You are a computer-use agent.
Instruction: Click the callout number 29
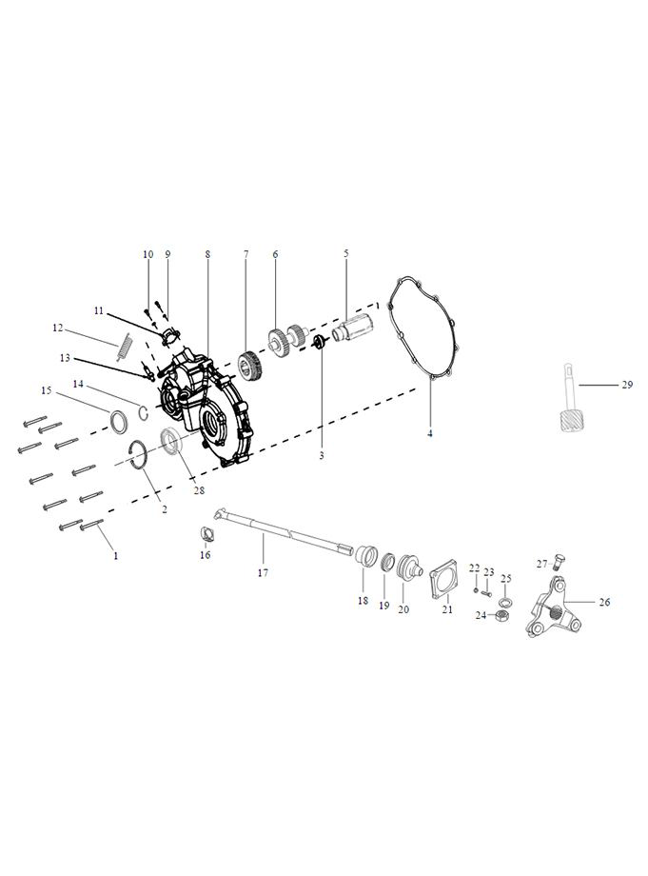coord(627,385)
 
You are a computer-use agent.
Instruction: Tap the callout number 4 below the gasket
coord(430,433)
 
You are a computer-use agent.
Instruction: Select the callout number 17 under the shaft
coord(263,572)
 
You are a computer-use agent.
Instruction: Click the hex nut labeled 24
coord(501,615)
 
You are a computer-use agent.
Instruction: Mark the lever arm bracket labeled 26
coord(550,607)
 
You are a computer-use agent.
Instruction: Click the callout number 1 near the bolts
coord(115,556)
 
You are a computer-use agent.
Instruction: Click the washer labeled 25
coord(505,601)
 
